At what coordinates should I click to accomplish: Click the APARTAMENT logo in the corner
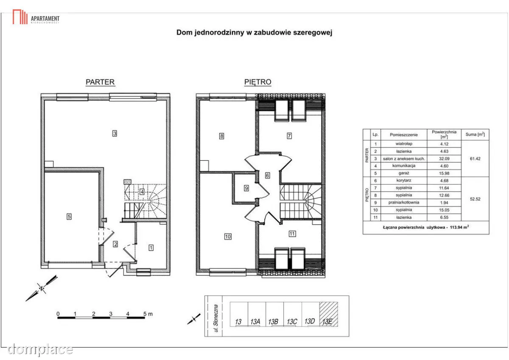(x=36, y=17)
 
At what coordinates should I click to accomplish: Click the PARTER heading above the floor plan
(x=100, y=82)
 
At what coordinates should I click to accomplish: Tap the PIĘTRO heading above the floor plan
(x=258, y=82)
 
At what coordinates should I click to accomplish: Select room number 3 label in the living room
(x=115, y=133)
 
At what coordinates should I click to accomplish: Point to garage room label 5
(x=69, y=216)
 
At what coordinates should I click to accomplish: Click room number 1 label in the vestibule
(x=151, y=248)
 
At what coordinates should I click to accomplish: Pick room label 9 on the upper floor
(x=246, y=188)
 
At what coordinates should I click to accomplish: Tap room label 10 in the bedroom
(x=228, y=237)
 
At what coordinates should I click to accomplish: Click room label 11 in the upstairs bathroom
(x=292, y=234)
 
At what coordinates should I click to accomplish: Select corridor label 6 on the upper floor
(x=268, y=176)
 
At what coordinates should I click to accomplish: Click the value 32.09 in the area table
(x=444, y=159)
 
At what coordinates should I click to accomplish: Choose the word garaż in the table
(x=403, y=173)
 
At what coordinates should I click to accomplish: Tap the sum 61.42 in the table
(x=475, y=159)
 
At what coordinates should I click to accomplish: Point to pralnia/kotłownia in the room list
(x=403, y=202)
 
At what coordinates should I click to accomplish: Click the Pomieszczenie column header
(x=403, y=135)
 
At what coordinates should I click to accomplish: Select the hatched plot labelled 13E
(x=329, y=314)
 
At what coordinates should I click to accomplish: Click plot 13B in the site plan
(x=274, y=314)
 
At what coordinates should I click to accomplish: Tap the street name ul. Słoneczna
(x=216, y=318)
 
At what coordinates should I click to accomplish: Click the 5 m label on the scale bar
(x=148, y=314)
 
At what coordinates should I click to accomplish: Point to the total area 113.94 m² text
(x=459, y=227)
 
